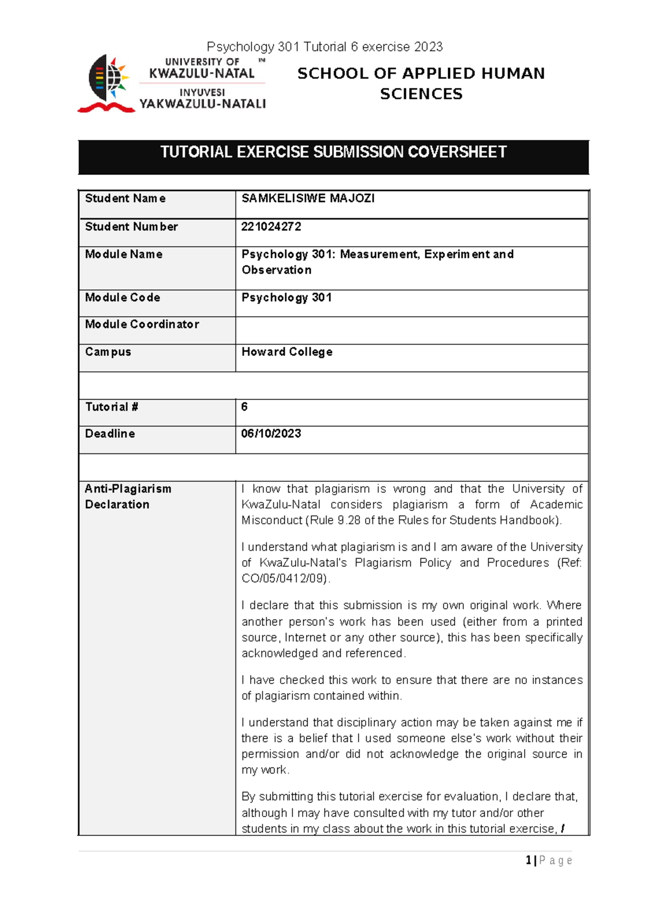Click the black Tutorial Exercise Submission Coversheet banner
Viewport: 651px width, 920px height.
pos(333,157)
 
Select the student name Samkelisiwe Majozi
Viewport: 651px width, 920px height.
pos(308,199)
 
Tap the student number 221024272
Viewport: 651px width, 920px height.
pos(271,227)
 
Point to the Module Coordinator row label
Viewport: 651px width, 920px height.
pos(142,324)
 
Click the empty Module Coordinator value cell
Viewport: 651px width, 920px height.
pos(411,330)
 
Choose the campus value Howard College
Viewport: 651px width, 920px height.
pos(286,352)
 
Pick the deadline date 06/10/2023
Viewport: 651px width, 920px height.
pos(271,434)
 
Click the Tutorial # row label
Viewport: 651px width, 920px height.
pos(111,407)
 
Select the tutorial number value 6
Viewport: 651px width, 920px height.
pos(244,407)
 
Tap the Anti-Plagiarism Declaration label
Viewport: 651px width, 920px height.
pos(127,496)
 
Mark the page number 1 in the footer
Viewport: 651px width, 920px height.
pos(528,860)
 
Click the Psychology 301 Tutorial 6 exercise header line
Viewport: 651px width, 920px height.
pos(324,47)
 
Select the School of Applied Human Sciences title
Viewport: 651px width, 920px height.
pos(421,84)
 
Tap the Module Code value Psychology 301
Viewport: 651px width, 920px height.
pos(286,298)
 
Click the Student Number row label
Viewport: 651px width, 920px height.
pos(131,227)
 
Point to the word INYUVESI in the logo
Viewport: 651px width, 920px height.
pos(202,93)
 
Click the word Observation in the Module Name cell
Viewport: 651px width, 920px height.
pos(276,270)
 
